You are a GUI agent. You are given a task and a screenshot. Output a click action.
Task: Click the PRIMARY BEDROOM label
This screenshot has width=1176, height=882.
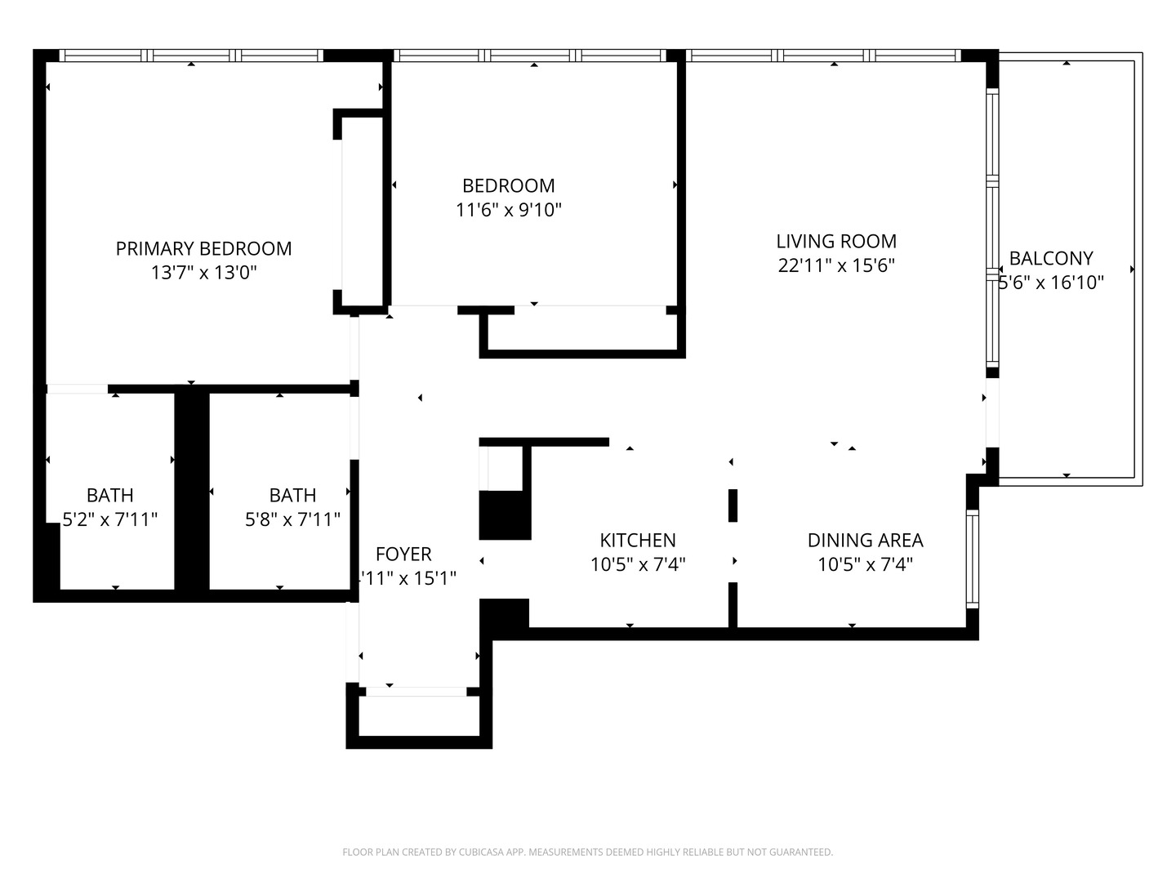203,248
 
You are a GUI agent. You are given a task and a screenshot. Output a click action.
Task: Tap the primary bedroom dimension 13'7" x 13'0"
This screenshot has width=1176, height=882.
203,273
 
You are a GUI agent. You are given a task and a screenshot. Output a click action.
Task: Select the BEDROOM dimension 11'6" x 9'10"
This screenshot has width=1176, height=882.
508,210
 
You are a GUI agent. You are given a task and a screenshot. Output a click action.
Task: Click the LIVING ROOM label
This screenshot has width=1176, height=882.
835,241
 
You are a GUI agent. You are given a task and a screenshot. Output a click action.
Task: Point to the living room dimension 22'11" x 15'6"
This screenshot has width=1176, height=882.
835,265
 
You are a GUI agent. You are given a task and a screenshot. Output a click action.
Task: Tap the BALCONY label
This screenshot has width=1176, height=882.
1050,258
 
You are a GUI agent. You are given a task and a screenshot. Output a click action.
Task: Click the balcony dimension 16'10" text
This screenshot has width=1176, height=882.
1052,283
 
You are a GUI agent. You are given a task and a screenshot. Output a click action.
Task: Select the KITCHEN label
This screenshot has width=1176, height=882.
637,540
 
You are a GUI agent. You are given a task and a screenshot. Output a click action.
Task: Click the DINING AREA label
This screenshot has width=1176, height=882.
865,540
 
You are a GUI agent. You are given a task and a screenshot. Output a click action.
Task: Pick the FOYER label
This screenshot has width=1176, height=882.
403,554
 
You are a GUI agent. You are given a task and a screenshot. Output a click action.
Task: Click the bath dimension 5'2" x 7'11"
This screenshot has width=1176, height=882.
110,519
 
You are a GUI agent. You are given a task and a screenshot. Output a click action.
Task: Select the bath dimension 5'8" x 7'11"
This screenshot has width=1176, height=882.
292,519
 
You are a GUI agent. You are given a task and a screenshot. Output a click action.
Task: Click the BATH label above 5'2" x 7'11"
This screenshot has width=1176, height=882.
110,495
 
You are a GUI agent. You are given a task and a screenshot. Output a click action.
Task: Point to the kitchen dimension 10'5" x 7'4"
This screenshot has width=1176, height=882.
637,564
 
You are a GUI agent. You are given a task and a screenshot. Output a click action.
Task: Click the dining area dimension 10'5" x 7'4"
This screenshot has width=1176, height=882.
865,564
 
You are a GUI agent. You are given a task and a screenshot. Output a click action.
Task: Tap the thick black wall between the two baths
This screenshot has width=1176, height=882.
192,490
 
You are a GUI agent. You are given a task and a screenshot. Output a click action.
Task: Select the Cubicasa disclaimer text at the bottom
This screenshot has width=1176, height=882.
587,852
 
